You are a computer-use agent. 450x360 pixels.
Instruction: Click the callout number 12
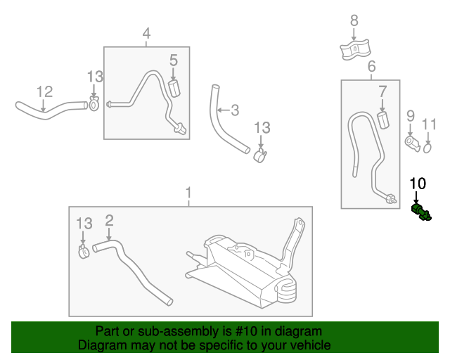pyautogui.click(x=44, y=91)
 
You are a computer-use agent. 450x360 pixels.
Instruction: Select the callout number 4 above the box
pyautogui.click(x=146, y=33)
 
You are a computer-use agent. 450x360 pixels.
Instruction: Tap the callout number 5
pyautogui.click(x=173, y=62)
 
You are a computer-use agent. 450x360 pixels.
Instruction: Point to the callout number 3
pyautogui.click(x=235, y=110)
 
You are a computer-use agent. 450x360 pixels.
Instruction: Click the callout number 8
pyautogui.click(x=354, y=20)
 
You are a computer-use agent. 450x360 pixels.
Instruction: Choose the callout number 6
pyautogui.click(x=371, y=66)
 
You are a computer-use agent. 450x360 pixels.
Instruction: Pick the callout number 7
pyautogui.click(x=382, y=91)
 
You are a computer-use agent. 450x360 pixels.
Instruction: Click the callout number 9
pyautogui.click(x=411, y=115)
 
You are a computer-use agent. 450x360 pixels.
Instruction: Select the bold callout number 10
pyautogui.click(x=418, y=184)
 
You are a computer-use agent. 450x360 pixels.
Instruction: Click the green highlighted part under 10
pyautogui.click(x=421, y=212)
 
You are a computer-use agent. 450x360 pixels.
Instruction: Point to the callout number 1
pyautogui.click(x=188, y=192)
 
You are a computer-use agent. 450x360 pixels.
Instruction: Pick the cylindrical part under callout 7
pyautogui.click(x=383, y=118)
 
